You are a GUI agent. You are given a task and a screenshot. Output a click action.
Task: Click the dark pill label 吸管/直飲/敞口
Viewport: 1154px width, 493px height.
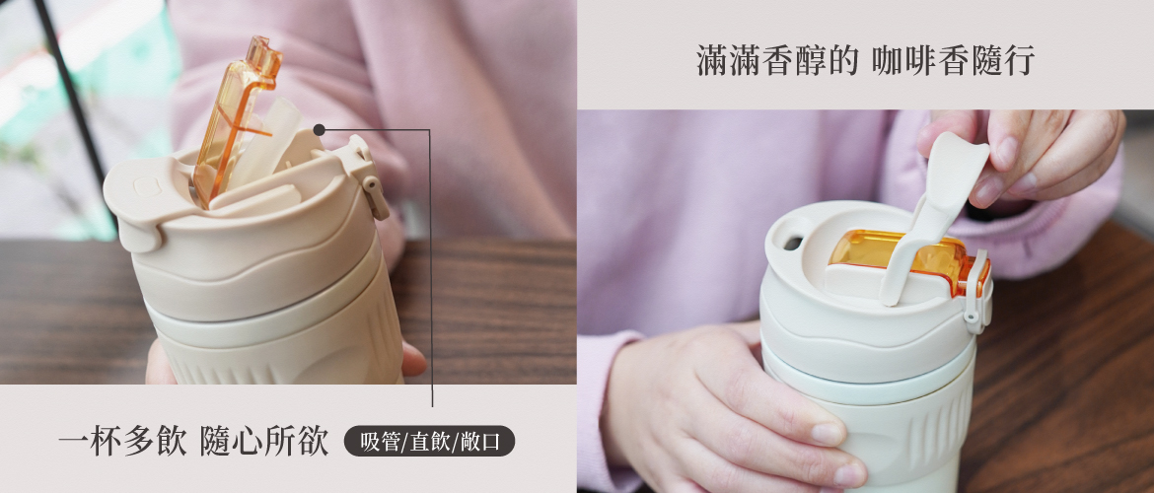(x=429, y=442)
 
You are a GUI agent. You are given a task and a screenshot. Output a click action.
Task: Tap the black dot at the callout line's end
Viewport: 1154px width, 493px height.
(x=319, y=130)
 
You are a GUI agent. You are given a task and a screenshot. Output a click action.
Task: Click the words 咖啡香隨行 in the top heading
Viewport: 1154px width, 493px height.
(x=953, y=60)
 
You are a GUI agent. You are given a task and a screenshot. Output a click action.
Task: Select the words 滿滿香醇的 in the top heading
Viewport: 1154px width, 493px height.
(x=776, y=60)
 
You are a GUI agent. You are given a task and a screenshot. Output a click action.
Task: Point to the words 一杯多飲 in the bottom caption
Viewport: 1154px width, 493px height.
(x=122, y=443)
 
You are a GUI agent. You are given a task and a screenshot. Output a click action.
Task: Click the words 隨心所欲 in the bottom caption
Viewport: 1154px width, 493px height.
(x=264, y=443)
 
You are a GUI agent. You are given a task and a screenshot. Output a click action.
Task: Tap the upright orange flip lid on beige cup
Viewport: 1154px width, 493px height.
(x=236, y=117)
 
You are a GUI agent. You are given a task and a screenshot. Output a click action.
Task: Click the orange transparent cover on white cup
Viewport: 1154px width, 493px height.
(x=905, y=259)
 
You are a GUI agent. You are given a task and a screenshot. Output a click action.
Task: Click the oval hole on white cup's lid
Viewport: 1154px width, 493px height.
(x=792, y=243)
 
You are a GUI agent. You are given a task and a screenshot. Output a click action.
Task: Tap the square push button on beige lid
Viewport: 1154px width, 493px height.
(x=145, y=187)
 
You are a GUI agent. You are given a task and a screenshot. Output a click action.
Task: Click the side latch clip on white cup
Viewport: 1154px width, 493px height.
(x=977, y=295)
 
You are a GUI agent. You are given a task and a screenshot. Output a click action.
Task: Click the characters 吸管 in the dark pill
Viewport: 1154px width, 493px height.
(x=381, y=442)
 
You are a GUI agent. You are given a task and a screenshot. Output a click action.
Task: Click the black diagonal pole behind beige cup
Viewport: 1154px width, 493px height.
(x=70, y=92)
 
